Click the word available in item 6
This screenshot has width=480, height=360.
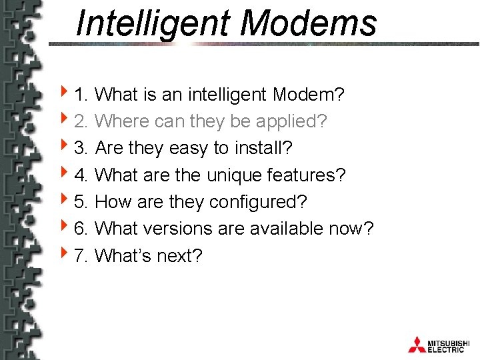pyautogui.click(x=287, y=229)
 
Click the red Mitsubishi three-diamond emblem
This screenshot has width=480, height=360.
pyautogui.click(x=417, y=344)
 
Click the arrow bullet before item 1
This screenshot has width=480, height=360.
pyautogui.click(x=63, y=94)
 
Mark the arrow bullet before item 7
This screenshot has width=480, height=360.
pyautogui.click(x=63, y=254)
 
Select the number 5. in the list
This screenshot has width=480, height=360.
pyautogui.click(x=82, y=202)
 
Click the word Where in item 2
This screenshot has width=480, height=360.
pyautogui.click(x=122, y=121)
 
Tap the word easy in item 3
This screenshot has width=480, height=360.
pyautogui.click(x=189, y=149)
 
